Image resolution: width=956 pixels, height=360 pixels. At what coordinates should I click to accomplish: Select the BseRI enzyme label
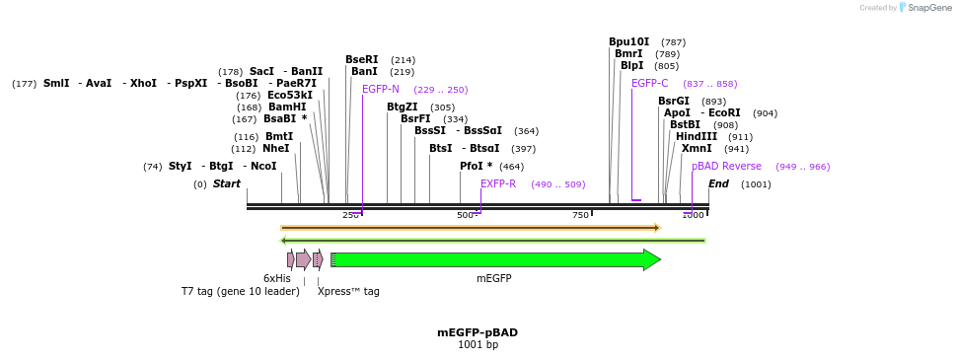(361, 59)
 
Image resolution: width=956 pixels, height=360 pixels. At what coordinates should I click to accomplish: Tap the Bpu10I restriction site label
(628, 42)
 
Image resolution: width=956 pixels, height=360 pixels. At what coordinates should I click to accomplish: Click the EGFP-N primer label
(380, 90)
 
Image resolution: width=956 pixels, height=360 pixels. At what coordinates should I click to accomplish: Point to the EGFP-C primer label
(649, 84)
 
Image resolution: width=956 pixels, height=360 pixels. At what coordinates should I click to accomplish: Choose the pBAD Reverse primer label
(726, 167)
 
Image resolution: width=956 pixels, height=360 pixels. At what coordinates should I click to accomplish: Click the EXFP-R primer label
(498, 184)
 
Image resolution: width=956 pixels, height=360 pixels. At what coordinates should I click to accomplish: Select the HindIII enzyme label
(697, 137)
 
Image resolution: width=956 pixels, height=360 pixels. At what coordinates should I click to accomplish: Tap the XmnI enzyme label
(696, 149)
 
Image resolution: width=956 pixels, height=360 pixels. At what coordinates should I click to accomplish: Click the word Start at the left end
(226, 184)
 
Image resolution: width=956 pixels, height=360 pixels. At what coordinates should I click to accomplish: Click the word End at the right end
(718, 184)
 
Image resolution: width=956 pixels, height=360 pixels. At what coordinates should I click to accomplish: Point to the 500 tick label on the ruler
(465, 215)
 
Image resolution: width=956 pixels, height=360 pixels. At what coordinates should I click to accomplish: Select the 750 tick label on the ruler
(580, 215)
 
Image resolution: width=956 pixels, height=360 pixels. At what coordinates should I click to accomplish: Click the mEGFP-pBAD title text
(478, 332)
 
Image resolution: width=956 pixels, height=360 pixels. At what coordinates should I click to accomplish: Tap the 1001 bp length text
(478, 345)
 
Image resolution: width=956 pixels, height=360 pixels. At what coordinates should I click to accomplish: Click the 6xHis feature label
(276, 278)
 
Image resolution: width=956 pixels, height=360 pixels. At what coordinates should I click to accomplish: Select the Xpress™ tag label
(348, 291)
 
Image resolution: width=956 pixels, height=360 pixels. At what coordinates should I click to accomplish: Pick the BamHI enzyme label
(287, 108)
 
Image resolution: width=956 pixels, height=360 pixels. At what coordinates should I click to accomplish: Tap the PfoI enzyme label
(475, 167)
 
